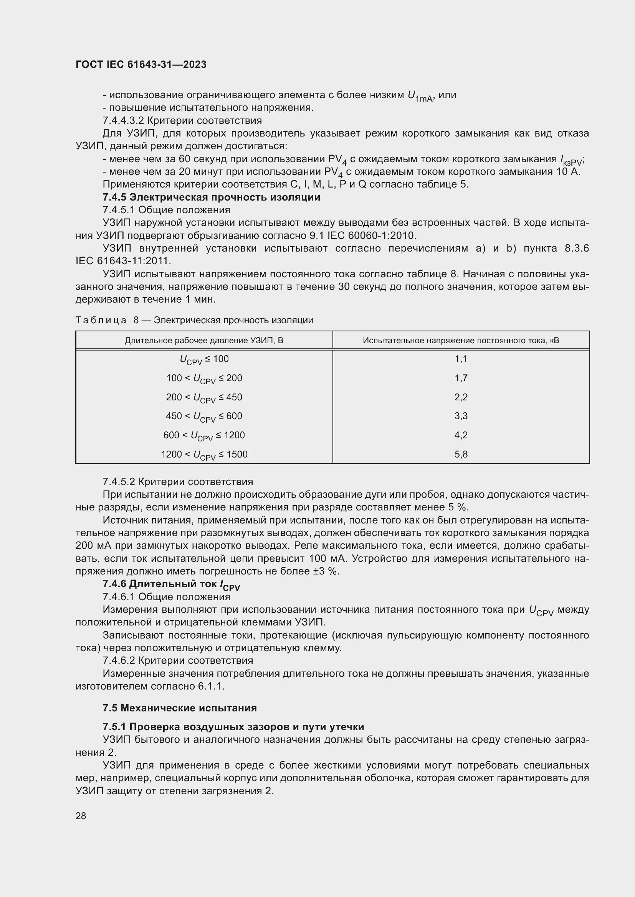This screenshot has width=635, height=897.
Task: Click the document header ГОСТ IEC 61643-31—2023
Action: pyautogui.click(x=141, y=64)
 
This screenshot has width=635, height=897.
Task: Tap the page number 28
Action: pyautogui.click(x=81, y=816)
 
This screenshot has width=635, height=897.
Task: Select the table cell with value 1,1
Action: pyautogui.click(x=461, y=359)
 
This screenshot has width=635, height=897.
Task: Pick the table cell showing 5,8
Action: pyautogui.click(x=461, y=454)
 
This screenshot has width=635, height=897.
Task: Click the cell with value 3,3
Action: pyautogui.click(x=461, y=416)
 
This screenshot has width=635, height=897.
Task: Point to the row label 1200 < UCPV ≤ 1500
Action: pyautogui.click(x=204, y=454)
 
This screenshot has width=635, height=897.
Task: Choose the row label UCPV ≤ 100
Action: pyautogui.click(x=204, y=359)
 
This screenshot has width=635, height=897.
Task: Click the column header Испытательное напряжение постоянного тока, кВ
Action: pyautogui.click(x=461, y=340)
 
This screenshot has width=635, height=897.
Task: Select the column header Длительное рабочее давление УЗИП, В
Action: pyautogui.click(x=204, y=340)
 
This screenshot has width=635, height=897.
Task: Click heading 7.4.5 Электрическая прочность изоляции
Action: pyautogui.click(x=211, y=197)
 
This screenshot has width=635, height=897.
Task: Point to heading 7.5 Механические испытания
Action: pyautogui.click(x=179, y=708)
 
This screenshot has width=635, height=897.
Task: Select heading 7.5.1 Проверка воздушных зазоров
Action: pyautogui.click(x=233, y=727)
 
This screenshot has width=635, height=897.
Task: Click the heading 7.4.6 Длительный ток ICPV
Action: pyautogui.click(x=171, y=584)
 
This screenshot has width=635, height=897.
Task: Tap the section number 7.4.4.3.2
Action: pyautogui.click(x=123, y=120)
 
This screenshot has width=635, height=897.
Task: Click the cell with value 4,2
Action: pyautogui.click(x=461, y=435)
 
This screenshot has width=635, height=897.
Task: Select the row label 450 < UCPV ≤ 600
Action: pyautogui.click(x=204, y=416)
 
